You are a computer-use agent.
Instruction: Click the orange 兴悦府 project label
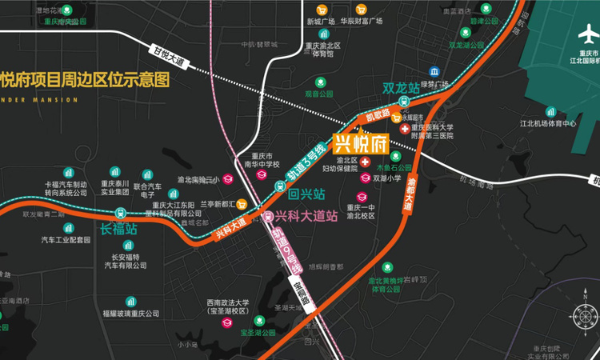coord(360,145)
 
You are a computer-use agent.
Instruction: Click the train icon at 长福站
coord(120,214)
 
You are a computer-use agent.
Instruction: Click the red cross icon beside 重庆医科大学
coord(406,128)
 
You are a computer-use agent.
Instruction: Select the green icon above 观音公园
coord(319,82)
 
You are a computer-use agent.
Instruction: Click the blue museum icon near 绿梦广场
coord(433,71)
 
